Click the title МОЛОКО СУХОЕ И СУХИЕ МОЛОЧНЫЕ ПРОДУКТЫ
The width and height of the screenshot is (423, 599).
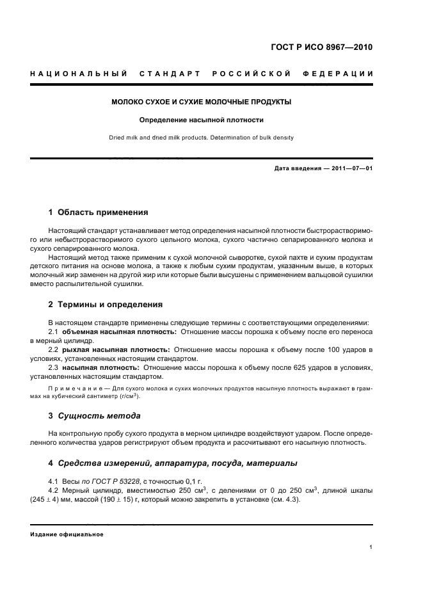[202, 102]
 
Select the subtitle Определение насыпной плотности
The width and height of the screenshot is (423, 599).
[202, 120]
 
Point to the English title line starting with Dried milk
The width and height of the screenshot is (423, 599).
[202, 137]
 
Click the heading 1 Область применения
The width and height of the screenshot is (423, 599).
[99, 212]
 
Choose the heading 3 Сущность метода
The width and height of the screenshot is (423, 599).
[95, 416]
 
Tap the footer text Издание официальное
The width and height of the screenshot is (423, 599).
[67, 534]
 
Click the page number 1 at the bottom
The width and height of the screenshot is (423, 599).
[371, 547]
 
